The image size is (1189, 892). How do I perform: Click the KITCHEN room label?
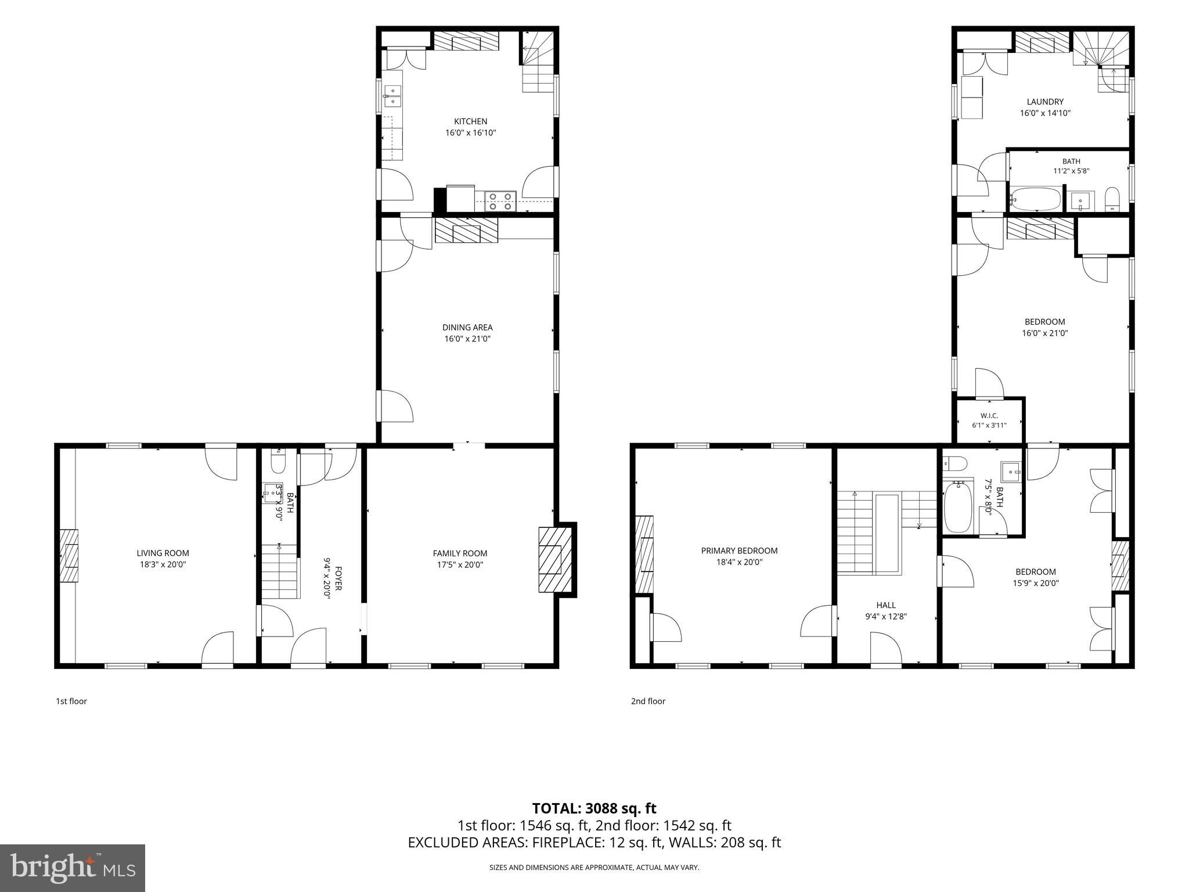470,121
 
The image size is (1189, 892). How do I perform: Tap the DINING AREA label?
467,328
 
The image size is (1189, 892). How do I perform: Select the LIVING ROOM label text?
163,553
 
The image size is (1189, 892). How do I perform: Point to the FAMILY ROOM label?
460,553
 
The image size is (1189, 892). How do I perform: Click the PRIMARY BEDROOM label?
739,551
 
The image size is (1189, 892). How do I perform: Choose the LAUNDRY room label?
1045,102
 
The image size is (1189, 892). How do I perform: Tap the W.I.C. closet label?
989,415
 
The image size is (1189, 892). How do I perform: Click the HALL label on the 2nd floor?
886,605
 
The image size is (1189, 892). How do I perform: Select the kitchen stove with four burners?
500,201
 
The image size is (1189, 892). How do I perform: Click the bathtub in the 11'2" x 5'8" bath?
1035,199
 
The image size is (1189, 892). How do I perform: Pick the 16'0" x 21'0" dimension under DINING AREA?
467,339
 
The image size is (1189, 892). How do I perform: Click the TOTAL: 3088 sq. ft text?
594,808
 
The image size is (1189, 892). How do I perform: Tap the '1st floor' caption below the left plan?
71,701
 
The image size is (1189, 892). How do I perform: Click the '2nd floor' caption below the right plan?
648,701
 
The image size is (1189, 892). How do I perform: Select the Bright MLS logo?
73,868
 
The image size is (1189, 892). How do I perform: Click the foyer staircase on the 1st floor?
280,572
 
